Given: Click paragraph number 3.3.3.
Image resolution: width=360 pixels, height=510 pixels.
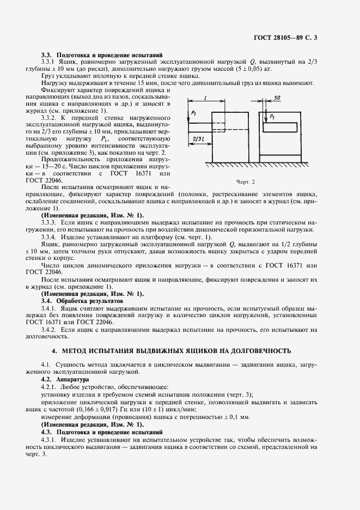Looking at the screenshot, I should [49, 222].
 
